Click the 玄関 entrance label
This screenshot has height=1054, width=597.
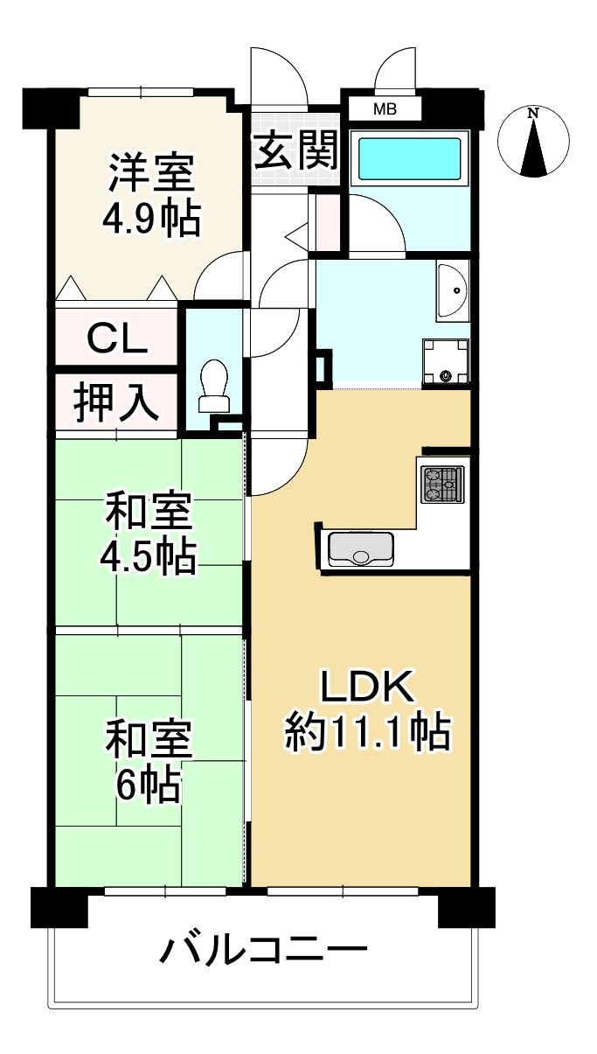coord(296,151)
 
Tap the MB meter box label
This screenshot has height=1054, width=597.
coord(385,109)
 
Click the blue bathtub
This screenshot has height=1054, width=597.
coord(409,158)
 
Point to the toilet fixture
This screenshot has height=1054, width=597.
coord(213,385)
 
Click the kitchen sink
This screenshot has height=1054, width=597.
coord(359,548)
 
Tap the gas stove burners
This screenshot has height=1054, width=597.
coord(442,485)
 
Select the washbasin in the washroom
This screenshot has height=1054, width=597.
coord(453,290)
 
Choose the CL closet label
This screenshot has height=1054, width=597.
coord(118,337)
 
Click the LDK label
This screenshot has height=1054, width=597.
coord(366,689)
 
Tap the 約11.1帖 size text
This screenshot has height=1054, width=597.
coord(367,731)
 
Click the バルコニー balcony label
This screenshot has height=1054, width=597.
coord(262,949)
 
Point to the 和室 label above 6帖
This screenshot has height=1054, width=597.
coord(149,740)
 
